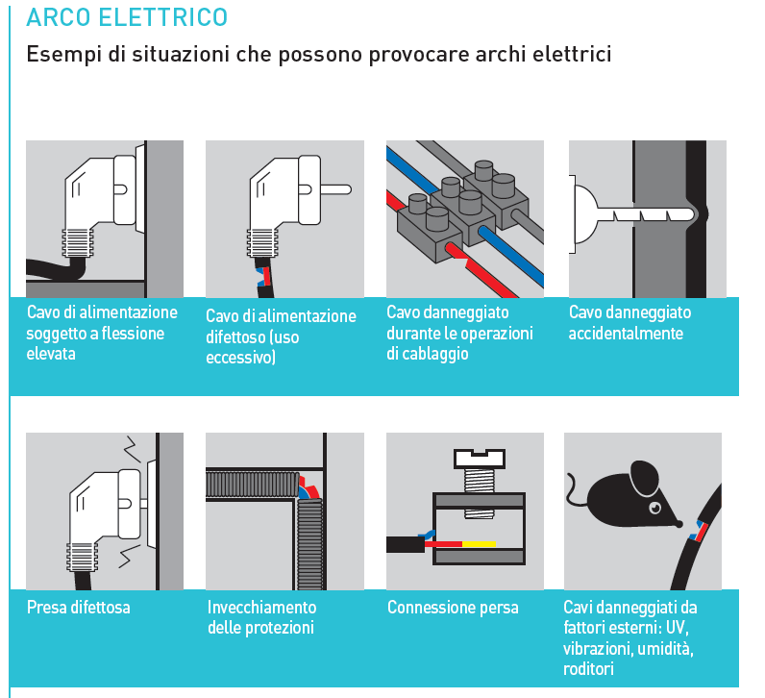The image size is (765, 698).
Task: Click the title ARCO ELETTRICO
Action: pyautogui.click(x=127, y=17)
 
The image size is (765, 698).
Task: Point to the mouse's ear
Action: pyautogui.click(x=641, y=476)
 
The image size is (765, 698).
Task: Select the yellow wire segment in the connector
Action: pyautogui.click(x=478, y=543)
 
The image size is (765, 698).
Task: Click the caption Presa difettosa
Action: pyautogui.click(x=79, y=608)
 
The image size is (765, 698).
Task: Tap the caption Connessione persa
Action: pyautogui.click(x=453, y=608)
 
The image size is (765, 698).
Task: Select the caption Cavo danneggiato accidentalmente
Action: pyautogui.click(x=629, y=323)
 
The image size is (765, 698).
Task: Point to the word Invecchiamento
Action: pyautogui.click(x=261, y=608)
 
